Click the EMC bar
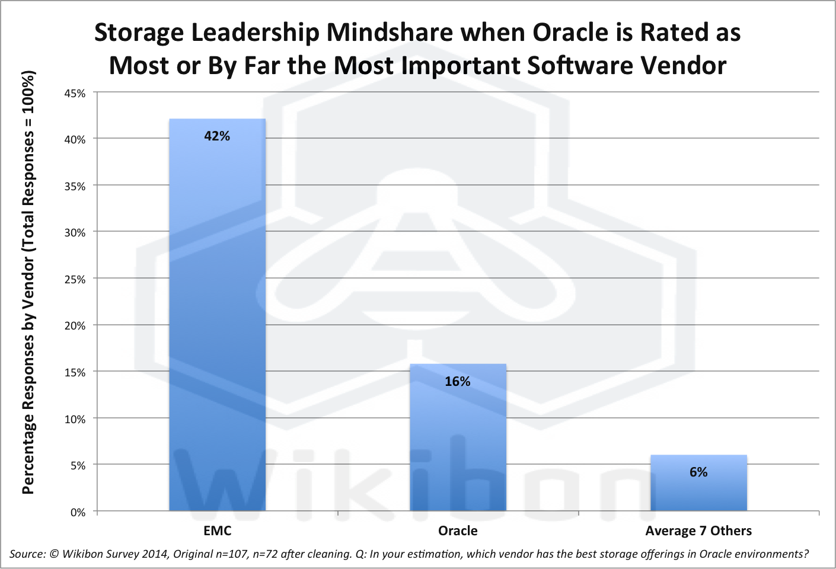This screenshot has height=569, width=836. pyautogui.click(x=217, y=314)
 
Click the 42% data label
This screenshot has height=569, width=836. pyautogui.click(x=217, y=136)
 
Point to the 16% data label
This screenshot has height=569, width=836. pyautogui.click(x=458, y=382)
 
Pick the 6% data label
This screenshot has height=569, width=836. pyautogui.click(x=698, y=472)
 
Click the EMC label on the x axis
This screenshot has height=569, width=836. pyautogui.click(x=217, y=530)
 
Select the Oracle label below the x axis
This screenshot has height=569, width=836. pyautogui.click(x=458, y=530)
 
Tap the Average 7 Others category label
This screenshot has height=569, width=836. pyautogui.click(x=698, y=530)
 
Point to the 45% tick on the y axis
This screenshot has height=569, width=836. pyautogui.click(x=75, y=93)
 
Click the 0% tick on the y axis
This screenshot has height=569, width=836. pyautogui.click(x=78, y=512)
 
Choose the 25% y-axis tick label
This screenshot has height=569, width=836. pyautogui.click(x=75, y=279)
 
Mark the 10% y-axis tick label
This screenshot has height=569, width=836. pyautogui.click(x=75, y=419)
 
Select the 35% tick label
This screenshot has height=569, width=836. pyautogui.click(x=75, y=186)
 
